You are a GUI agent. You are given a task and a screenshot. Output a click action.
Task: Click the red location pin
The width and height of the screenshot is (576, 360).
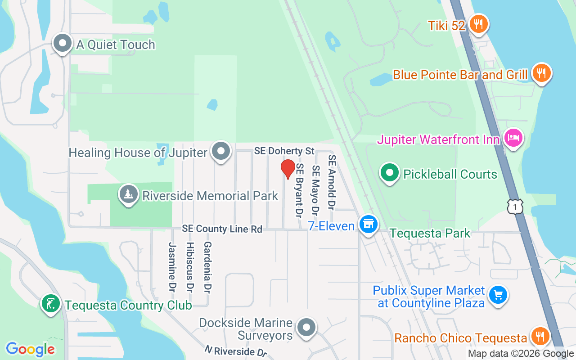[288, 169]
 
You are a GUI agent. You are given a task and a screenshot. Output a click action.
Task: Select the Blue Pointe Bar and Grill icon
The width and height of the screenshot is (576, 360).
[541, 73]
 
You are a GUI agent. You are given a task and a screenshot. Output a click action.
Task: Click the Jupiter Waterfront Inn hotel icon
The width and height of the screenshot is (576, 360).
[513, 138]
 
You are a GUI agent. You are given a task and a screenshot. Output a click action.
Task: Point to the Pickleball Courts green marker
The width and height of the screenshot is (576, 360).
[390, 173]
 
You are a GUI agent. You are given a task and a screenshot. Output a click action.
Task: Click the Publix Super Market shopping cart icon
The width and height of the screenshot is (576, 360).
[498, 296]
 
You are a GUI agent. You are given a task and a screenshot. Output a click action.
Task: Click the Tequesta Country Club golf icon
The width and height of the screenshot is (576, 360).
[50, 304]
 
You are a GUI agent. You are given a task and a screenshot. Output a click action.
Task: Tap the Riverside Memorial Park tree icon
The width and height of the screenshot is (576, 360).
[129, 194]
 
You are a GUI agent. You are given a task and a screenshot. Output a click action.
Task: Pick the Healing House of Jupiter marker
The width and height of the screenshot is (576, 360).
[221, 152]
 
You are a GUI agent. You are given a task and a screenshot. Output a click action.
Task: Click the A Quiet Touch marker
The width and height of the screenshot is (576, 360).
[63, 44]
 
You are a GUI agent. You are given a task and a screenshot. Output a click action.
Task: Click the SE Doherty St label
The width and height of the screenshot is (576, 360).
[284, 151]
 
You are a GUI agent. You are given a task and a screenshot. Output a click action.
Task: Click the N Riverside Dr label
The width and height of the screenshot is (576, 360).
[237, 351]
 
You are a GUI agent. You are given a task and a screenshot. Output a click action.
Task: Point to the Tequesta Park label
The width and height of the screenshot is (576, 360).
[430, 233]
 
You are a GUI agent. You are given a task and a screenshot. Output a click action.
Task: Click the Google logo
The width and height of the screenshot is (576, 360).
[30, 349]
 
